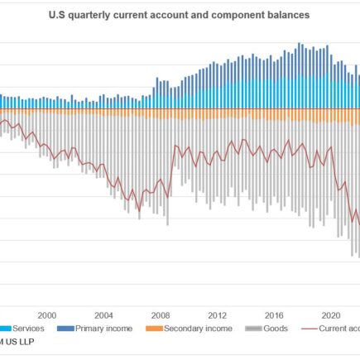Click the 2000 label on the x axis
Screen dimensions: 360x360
47,315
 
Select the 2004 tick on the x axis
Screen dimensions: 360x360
104,315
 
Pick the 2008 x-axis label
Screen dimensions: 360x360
161,315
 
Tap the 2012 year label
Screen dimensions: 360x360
218,315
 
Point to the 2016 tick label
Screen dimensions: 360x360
276,315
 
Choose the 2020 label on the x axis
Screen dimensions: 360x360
333,315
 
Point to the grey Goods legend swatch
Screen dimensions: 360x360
252,329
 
